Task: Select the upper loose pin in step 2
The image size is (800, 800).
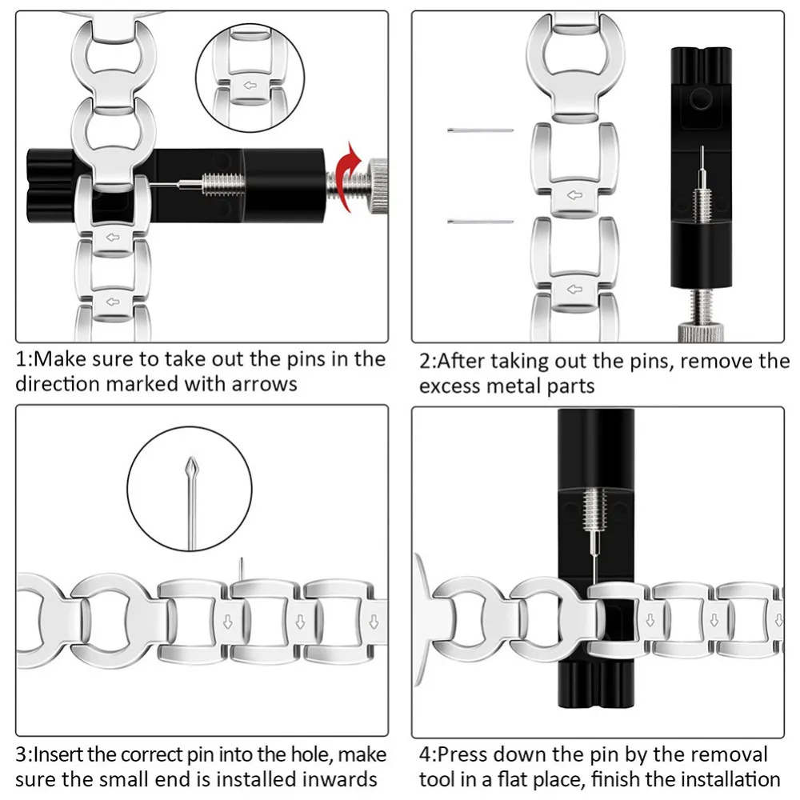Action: tap(480, 130)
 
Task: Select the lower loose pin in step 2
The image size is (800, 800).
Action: tap(480, 222)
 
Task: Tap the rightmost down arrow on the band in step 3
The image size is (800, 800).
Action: tap(374, 621)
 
